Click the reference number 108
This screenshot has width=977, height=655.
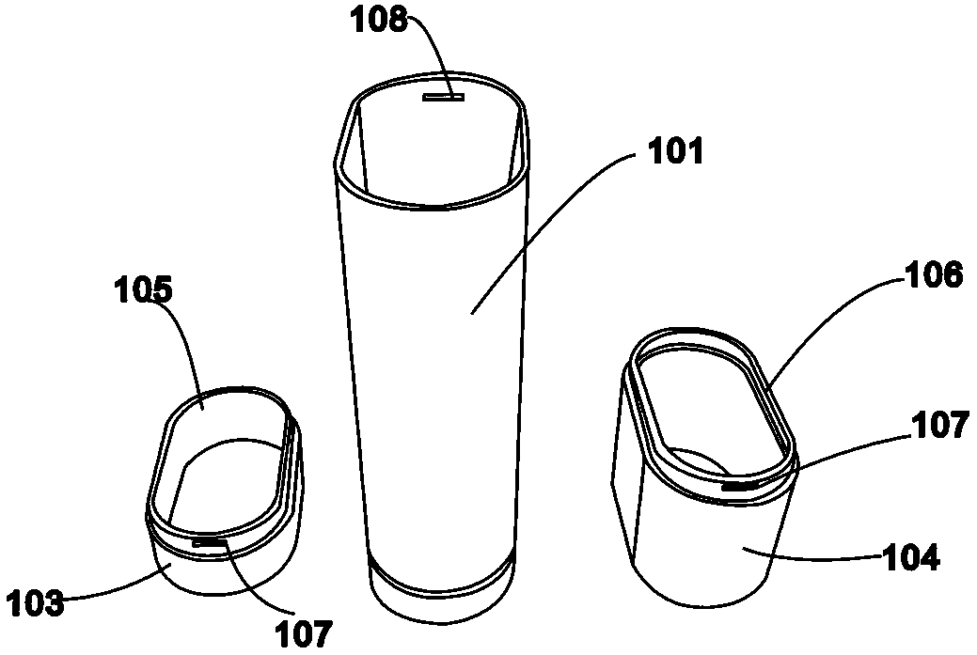click(x=379, y=20)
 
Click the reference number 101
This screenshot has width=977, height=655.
click(x=676, y=151)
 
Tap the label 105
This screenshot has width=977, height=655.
click(x=143, y=291)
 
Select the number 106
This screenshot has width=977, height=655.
click(x=935, y=275)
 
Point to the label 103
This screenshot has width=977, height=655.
click(x=36, y=603)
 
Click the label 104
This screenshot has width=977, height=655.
click(x=911, y=558)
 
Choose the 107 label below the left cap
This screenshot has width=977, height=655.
click(x=304, y=634)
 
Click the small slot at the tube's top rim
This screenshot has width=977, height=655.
click(x=444, y=97)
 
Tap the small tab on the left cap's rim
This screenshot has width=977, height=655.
click(x=209, y=543)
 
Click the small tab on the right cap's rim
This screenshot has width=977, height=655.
click(x=741, y=485)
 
